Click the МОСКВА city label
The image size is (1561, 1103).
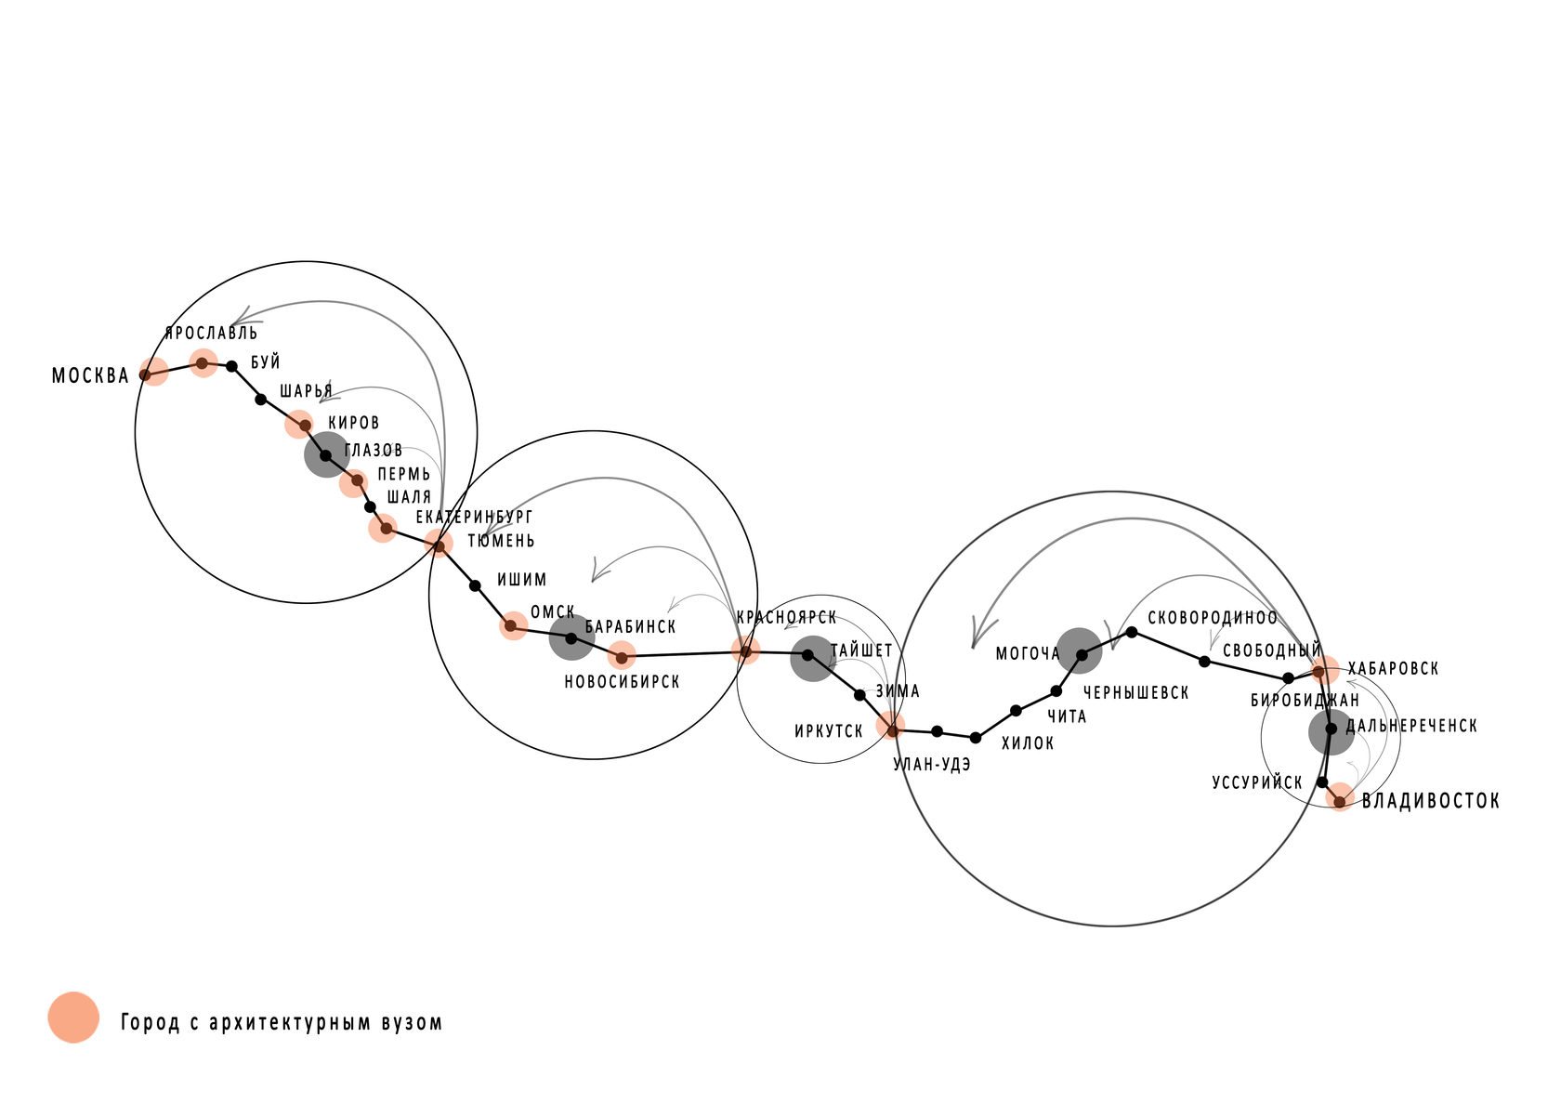coord(91,376)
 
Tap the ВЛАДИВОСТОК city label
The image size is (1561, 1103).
coord(1430,801)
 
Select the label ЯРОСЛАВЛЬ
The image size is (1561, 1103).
coord(211,333)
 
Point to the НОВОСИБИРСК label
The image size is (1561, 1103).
coord(622,681)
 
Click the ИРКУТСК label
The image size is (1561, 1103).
coord(829,731)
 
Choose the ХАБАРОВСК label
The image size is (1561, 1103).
coord(1393,668)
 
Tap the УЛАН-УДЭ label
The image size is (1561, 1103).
coord(932,765)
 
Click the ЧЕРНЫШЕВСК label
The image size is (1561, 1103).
coord(1135,692)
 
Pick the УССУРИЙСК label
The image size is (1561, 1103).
coord(1257,781)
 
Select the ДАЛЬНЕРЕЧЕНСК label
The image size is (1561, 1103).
coord(1411,726)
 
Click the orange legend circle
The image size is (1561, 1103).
coord(73,1018)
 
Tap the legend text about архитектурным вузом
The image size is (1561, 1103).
coord(282,1022)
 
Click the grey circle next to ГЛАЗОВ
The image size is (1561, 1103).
coord(327,454)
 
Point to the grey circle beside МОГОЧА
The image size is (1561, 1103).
coord(1080,650)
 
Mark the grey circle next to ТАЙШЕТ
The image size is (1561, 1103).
coord(812,659)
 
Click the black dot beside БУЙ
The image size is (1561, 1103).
coord(232,366)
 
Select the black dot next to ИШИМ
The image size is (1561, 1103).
coord(476,586)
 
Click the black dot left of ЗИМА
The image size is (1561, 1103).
coord(860,695)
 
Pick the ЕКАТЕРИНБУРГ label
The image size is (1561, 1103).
coord(474,517)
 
